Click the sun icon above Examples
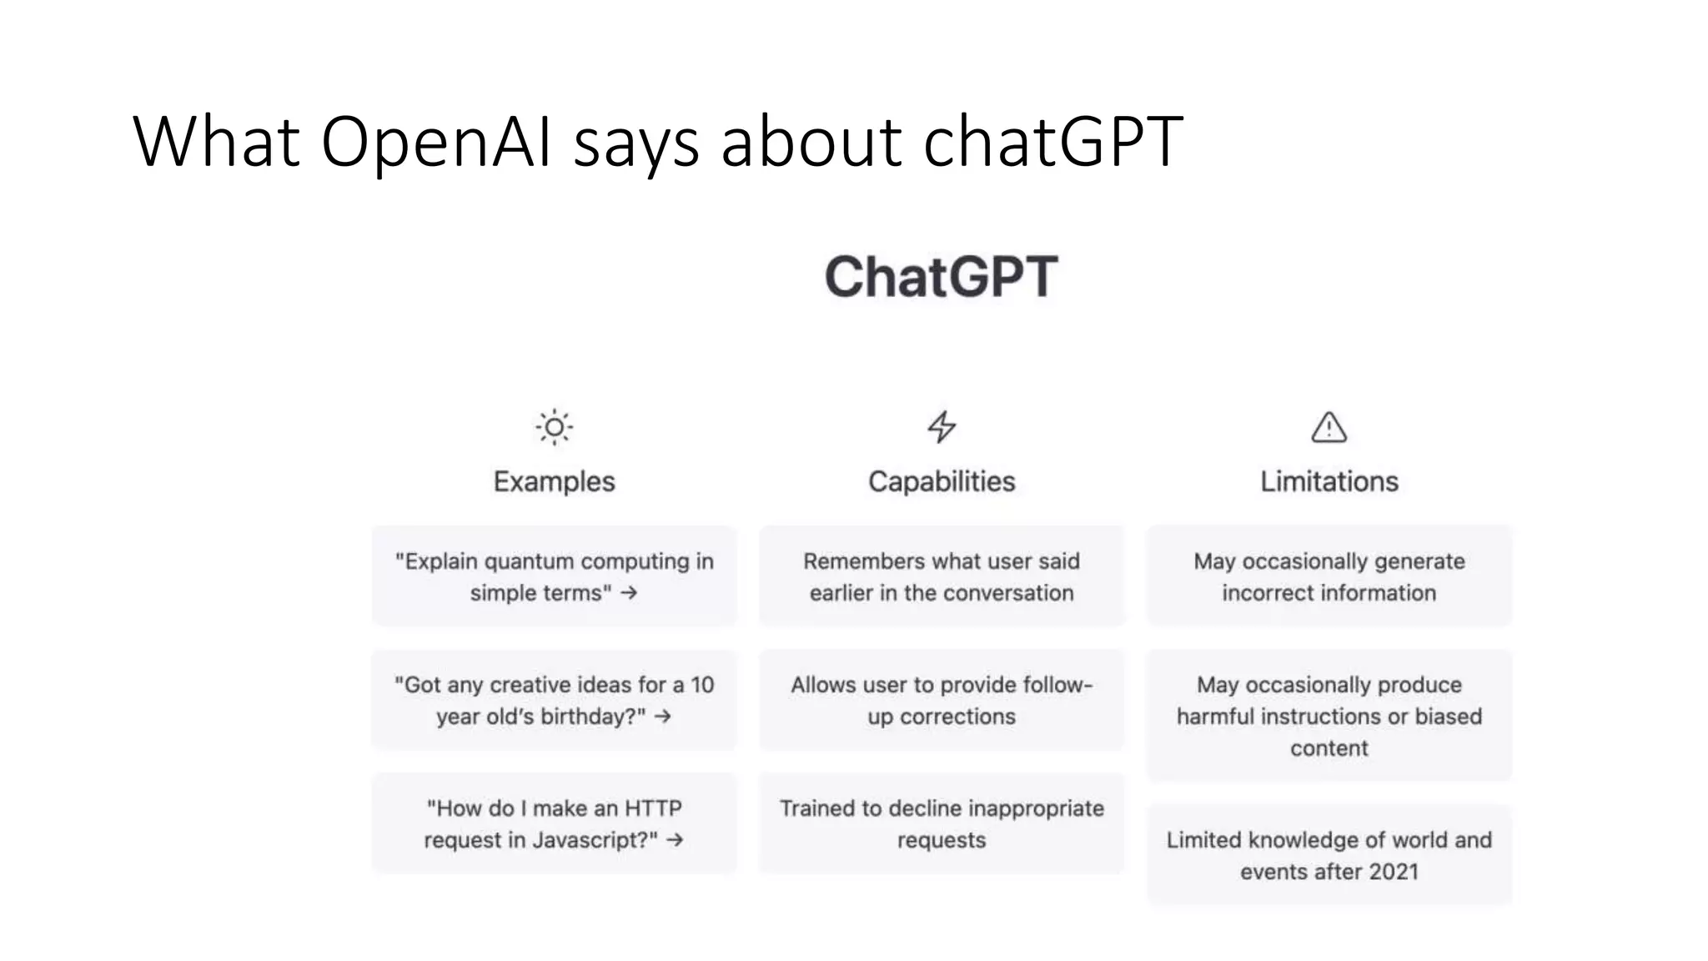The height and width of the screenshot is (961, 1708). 554,427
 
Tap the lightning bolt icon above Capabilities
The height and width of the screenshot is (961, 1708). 942,426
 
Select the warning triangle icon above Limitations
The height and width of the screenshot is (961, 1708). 1329,427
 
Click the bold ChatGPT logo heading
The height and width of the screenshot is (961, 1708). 941,277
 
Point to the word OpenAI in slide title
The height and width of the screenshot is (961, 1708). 436,141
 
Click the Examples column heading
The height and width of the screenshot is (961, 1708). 554,481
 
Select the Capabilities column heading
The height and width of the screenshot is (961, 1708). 942,481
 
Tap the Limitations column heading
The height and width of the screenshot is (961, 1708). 1329,481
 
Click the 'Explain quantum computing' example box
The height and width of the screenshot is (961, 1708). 554,576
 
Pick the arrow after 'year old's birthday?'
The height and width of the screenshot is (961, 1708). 663,717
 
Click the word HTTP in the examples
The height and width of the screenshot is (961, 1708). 653,808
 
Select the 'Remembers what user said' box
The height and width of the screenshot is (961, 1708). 942,576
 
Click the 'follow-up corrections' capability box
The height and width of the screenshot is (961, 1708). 942,700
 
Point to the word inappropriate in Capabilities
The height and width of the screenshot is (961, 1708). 1036,808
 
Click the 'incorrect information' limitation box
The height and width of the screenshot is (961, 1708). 1329,576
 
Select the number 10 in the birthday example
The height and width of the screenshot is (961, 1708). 702,685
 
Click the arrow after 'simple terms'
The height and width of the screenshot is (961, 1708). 629,593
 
